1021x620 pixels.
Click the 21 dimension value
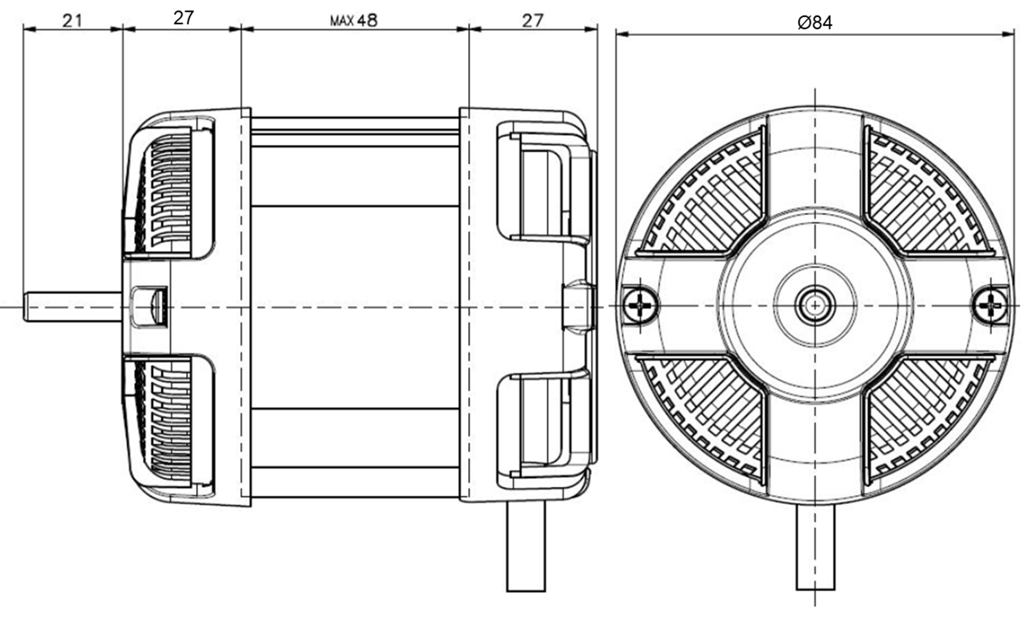tap(72, 21)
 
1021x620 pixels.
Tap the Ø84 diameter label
tap(815, 23)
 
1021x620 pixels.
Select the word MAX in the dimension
tap(342, 22)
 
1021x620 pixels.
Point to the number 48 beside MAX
tap(367, 20)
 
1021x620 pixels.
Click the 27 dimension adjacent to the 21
tap(183, 18)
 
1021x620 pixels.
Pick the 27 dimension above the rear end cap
tap(532, 20)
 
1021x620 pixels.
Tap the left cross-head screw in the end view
tap(641, 304)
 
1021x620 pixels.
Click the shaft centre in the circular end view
tap(815, 305)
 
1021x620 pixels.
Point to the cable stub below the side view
tap(526, 547)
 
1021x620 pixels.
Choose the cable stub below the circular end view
tap(815, 547)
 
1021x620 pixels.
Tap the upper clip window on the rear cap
tap(541, 192)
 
